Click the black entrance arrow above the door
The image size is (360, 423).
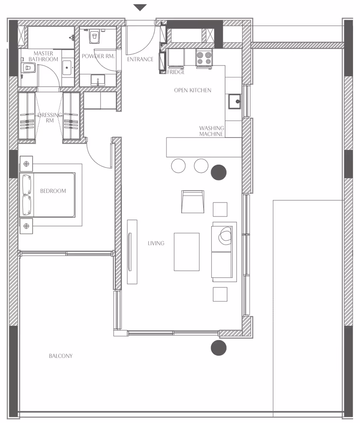pyautogui.click(x=140, y=8)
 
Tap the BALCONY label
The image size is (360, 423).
pyautogui.click(x=61, y=356)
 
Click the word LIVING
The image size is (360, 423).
pyautogui.click(x=156, y=243)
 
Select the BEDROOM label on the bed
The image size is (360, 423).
pyautogui.click(x=53, y=191)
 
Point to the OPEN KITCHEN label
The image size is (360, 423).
pyautogui.click(x=192, y=90)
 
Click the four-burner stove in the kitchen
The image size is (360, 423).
pyautogui.click(x=204, y=58)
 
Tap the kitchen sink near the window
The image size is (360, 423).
pyautogui.click(x=235, y=101)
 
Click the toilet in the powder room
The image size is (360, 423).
pyautogui.click(x=94, y=37)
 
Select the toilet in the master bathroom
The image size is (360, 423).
pyautogui.click(x=28, y=67)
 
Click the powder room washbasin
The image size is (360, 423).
pyautogui.click(x=98, y=81)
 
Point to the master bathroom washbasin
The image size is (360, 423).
pyautogui.click(x=67, y=67)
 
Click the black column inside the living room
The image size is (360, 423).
pyautogui.click(x=218, y=172)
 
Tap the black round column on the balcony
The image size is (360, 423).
pyautogui.click(x=218, y=348)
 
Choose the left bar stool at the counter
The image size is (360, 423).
pyautogui.click(x=178, y=166)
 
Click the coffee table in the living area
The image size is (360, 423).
pyautogui.click(x=187, y=252)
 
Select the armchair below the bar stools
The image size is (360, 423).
pyautogui.click(x=192, y=202)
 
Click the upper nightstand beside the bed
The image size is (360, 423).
pyautogui.click(x=26, y=164)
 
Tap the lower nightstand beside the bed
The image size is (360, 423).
pyautogui.click(x=26, y=226)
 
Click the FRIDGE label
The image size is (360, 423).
pyautogui.click(x=176, y=72)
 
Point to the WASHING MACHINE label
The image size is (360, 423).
pyautogui.click(x=212, y=131)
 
